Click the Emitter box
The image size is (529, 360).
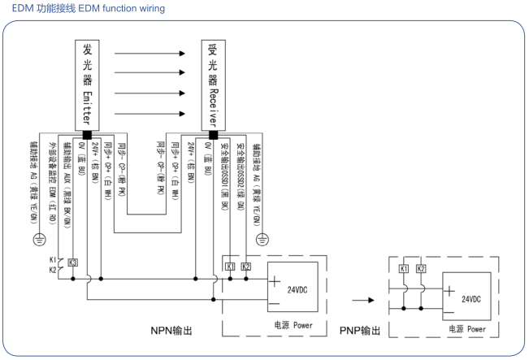87,83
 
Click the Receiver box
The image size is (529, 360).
213,83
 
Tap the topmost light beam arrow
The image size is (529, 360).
150,54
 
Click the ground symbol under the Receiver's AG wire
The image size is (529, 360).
262,239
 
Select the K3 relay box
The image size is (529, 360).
73,262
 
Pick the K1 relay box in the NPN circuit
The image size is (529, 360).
230,266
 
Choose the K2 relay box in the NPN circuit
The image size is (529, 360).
247,266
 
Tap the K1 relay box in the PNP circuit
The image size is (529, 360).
404,267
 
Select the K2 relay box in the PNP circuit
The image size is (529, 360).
421,267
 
